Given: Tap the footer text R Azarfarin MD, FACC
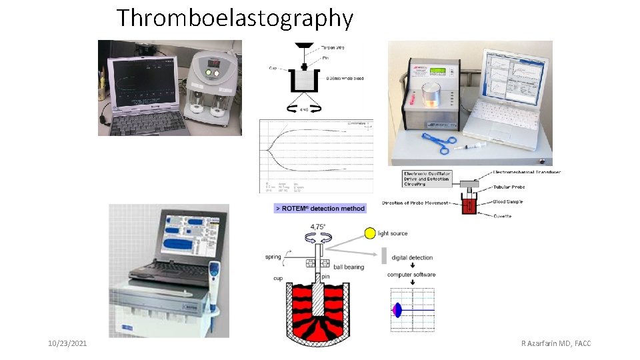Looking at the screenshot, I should point(557,343).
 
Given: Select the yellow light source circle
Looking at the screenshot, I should point(369,233).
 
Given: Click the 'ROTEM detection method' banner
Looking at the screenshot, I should point(320,209).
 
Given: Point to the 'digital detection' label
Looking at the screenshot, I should point(412,257).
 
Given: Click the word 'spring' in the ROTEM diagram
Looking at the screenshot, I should point(273,257).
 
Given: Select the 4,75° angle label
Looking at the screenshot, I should point(317,227).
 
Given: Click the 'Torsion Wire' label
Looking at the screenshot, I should point(333,47).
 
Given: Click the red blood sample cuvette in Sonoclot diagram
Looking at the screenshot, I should point(469,205).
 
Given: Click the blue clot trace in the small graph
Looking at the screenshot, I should point(399,310).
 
